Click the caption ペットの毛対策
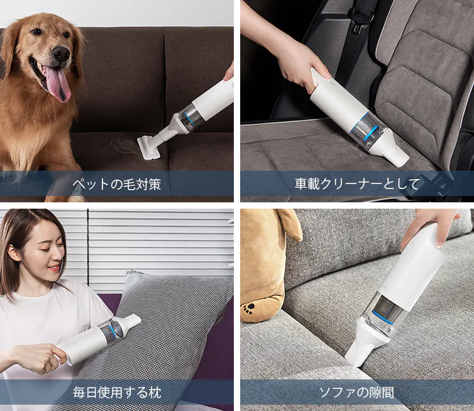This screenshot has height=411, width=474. [117, 184]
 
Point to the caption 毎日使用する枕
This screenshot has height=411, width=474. [117, 392]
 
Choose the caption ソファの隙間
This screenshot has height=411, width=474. [356, 392]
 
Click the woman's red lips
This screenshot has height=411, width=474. [54, 267]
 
